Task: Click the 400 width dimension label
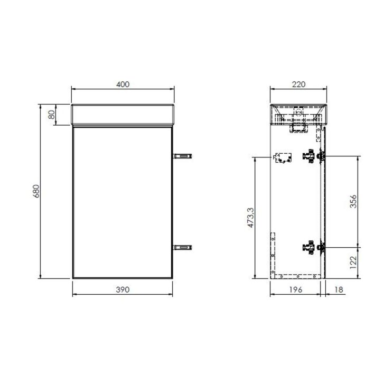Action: pos(123,84)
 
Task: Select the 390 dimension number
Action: pos(123,289)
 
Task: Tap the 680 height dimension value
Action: pos(36,191)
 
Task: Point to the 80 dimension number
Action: pos(51,115)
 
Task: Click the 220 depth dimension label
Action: pos(298,84)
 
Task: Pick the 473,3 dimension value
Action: pos(251,218)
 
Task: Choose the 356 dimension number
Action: pos(353,202)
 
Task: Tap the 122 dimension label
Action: pos(353,263)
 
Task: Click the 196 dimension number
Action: pos(296,289)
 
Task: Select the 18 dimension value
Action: pos(339,289)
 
